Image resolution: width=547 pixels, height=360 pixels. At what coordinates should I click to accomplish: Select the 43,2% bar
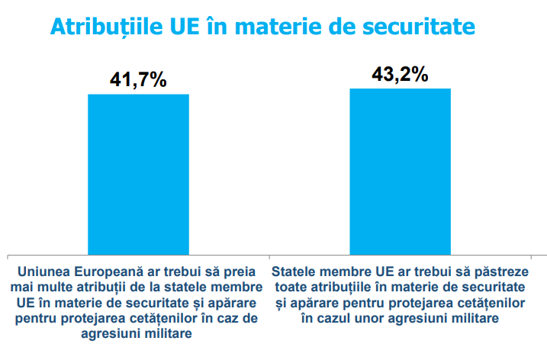400,171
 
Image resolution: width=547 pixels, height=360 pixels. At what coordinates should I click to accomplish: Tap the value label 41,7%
138,80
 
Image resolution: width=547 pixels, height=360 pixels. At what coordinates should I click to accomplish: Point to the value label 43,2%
400,75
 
